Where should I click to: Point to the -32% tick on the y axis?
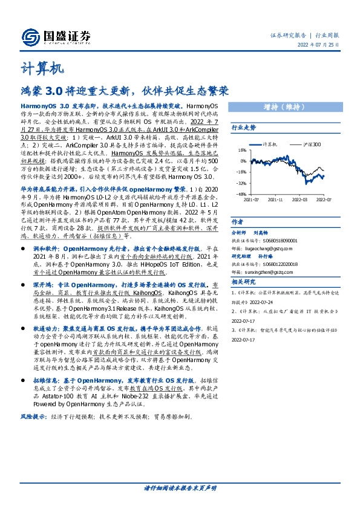[241, 183]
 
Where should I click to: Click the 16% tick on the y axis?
[241, 151]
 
